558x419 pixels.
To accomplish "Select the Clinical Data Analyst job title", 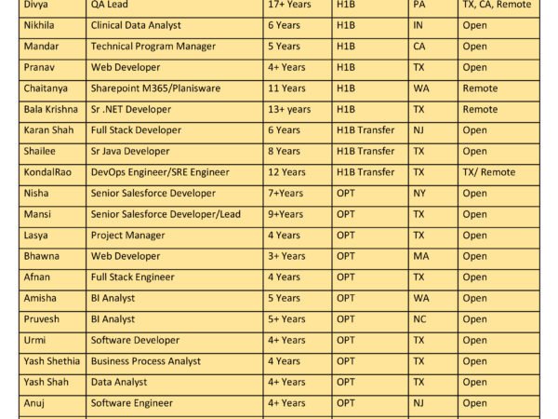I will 136,25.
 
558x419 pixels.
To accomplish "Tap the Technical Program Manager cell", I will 153,47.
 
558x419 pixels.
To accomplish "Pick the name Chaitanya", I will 46,88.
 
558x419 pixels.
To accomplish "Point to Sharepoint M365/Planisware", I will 159,88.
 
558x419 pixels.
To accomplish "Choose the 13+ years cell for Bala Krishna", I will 290,110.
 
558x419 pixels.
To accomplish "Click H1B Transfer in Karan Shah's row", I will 365,130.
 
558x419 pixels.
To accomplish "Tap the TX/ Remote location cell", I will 488,172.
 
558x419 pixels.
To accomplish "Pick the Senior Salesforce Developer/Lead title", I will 166,214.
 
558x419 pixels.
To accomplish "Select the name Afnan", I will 37,277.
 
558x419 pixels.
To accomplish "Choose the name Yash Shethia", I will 51,361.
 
